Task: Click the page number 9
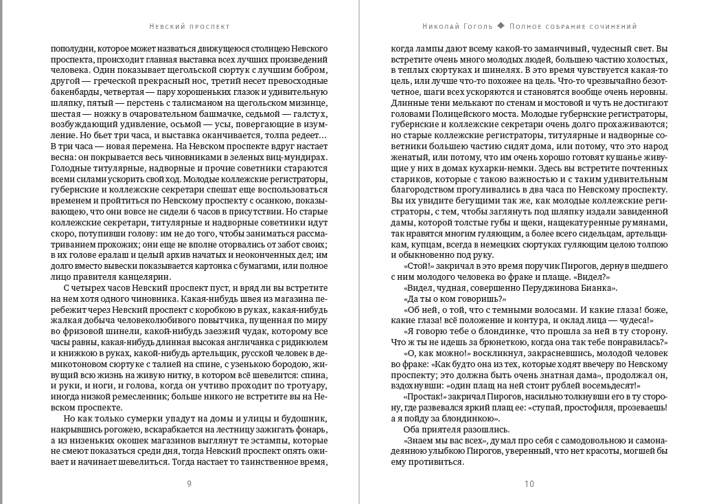pyautogui.click(x=189, y=483)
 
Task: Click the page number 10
pyautogui.click(x=529, y=483)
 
